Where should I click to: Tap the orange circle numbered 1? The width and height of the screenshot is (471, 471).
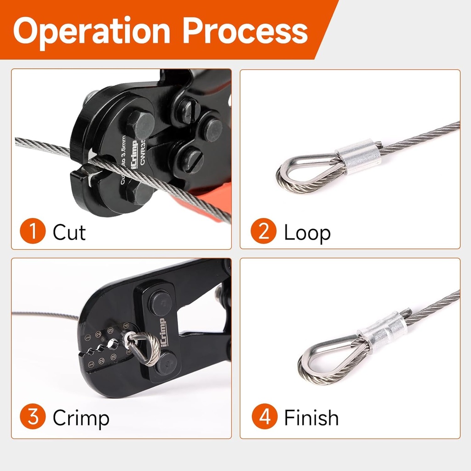pyautogui.click(x=33, y=232)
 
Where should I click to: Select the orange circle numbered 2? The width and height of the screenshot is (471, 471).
pyautogui.click(x=264, y=232)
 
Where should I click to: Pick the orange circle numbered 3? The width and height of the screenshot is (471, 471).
pyautogui.click(x=33, y=418)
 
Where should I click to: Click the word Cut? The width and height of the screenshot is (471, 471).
pyautogui.click(x=69, y=232)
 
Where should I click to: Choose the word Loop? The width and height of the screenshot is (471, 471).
pyautogui.click(x=307, y=233)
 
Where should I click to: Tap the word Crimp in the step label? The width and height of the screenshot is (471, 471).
pyautogui.click(x=81, y=418)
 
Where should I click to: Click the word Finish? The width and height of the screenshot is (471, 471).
pyautogui.click(x=311, y=418)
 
